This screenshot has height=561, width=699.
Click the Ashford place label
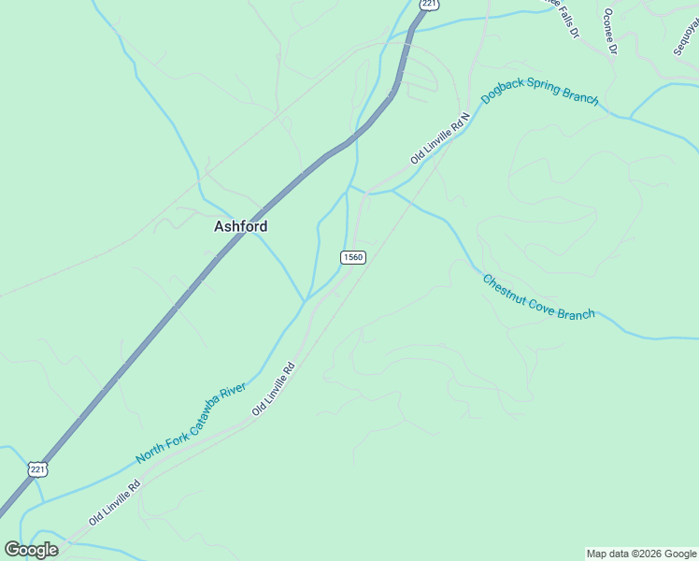(x=241, y=226)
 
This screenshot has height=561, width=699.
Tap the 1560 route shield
(x=352, y=257)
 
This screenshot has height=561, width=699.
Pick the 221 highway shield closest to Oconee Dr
(x=429, y=6)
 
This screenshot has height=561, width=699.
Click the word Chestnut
(x=506, y=291)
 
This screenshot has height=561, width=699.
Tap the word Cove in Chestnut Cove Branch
(x=542, y=305)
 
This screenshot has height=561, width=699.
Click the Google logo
(x=31, y=550)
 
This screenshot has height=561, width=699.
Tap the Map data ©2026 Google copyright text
(x=641, y=554)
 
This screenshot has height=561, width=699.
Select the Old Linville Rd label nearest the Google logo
(x=115, y=501)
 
